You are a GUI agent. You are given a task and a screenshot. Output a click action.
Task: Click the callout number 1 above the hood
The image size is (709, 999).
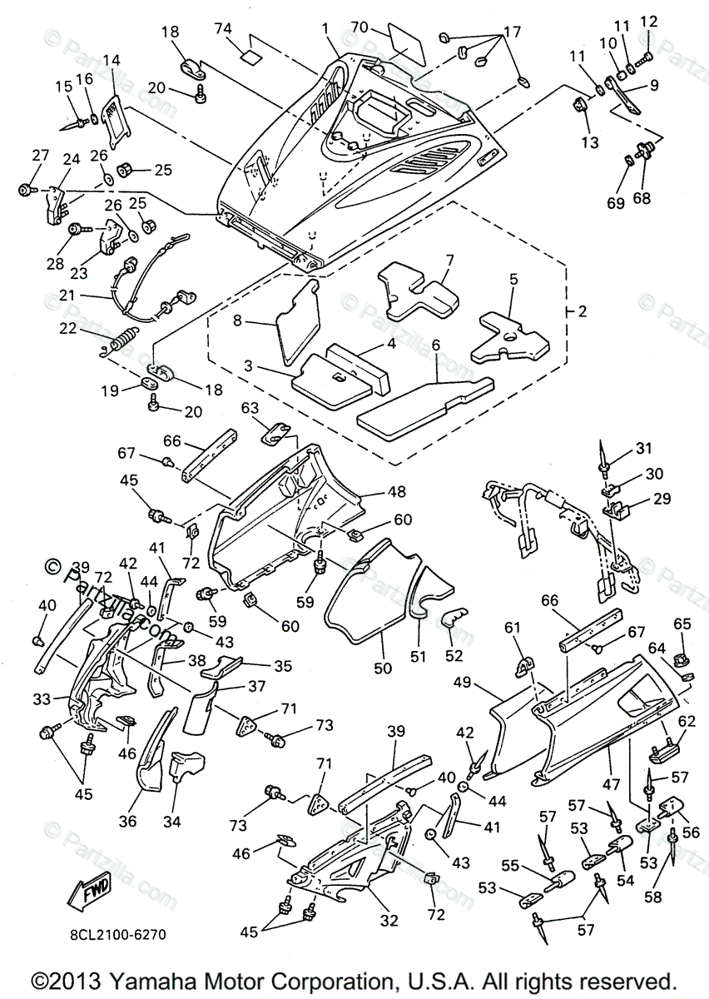click(326, 27)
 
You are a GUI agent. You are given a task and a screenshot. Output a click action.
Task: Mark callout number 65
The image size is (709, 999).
click(682, 624)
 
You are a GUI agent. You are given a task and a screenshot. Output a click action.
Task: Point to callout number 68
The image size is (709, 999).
click(642, 176)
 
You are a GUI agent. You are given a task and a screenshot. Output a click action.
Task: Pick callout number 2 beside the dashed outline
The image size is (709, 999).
click(582, 312)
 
